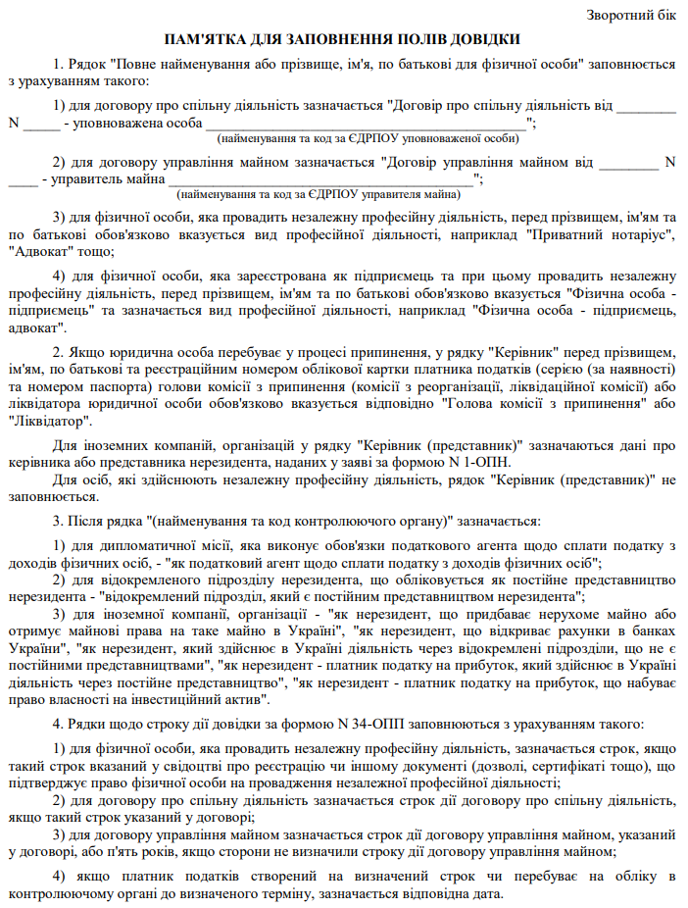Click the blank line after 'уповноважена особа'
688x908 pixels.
click(365, 124)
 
